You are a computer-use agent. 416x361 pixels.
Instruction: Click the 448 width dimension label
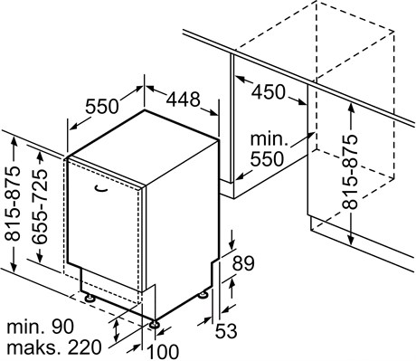[x=184, y=100]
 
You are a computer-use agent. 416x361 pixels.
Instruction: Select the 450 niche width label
[x=268, y=92]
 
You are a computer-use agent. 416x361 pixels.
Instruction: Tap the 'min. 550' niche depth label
[x=268, y=149]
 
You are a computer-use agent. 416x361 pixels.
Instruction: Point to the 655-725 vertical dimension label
[x=40, y=206]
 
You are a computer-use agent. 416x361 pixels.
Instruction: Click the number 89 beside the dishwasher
[x=243, y=263]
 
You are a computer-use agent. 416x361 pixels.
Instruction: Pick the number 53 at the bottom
[x=226, y=330]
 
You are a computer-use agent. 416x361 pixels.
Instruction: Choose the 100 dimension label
[x=163, y=351]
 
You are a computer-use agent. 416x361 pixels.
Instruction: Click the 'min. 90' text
[x=40, y=327]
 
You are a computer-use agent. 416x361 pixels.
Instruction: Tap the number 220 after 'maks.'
[x=84, y=347]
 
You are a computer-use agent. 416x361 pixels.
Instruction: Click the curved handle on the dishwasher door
[x=101, y=188]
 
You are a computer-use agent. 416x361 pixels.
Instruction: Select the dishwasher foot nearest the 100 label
[x=155, y=325]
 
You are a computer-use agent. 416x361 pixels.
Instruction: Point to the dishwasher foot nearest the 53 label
[x=203, y=294]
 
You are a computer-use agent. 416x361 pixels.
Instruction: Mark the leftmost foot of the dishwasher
[x=90, y=298]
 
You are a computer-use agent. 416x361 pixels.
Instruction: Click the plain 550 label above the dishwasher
[x=102, y=107]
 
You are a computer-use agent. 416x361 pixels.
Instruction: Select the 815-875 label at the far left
[x=13, y=204]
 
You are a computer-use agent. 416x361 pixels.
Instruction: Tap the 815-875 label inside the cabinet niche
[x=350, y=172]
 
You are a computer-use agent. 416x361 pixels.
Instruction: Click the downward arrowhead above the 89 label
[x=232, y=245]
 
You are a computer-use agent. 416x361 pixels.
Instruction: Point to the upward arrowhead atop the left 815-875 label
[x=14, y=141]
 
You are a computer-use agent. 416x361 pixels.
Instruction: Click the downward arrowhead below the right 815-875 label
[x=351, y=240]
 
